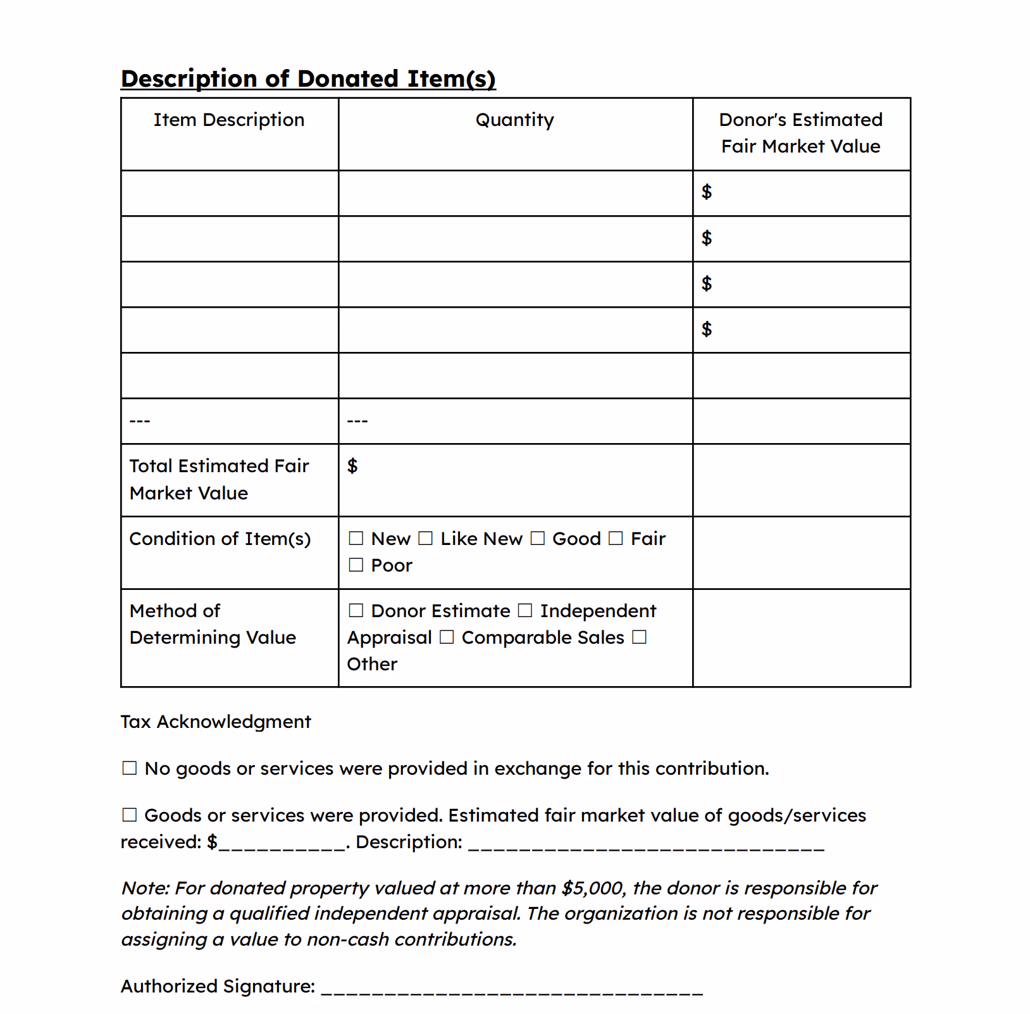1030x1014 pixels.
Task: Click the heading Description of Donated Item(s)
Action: point(308,79)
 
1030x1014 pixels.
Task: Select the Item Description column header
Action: point(229,120)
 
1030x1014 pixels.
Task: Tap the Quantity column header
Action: point(514,120)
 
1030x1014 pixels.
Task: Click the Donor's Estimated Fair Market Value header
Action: point(800,133)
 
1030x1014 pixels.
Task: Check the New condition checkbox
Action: point(357,539)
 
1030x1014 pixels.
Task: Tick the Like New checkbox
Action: point(426,539)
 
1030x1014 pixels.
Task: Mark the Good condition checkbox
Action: point(538,539)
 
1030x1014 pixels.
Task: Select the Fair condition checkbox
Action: point(616,539)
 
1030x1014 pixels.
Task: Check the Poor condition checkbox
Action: point(357,565)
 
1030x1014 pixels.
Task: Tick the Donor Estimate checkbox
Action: point(357,611)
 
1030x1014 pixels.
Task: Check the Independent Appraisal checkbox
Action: point(525,611)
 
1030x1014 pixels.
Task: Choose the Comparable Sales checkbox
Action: point(447,637)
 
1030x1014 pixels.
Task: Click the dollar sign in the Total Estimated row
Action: point(352,466)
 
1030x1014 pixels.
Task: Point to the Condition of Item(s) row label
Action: point(220,539)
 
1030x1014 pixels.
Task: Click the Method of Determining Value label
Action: point(213,624)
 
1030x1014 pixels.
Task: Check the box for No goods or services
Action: point(130,768)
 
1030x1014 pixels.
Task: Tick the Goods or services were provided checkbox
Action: point(130,815)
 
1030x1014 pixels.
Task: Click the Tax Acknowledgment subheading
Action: point(216,722)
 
